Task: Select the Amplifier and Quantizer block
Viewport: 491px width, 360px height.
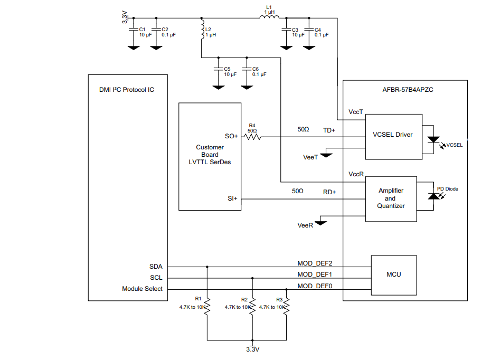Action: (391, 198)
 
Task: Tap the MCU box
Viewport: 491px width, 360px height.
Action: (393, 274)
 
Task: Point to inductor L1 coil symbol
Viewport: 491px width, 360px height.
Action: (269, 17)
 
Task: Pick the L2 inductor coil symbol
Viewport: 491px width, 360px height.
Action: (202, 31)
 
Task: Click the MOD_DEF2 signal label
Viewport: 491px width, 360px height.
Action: (315, 263)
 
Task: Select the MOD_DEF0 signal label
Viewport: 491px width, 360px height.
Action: (315, 286)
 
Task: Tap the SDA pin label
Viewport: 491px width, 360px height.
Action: (156, 267)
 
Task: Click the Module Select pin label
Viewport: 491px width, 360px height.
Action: (142, 289)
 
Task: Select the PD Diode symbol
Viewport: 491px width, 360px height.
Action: (433, 196)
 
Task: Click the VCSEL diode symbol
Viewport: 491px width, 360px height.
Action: (433, 140)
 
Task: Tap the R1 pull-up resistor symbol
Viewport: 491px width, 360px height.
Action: (207, 306)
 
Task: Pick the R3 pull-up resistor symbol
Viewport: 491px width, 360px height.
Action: (286, 306)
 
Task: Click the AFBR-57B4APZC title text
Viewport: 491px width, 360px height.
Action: (405, 90)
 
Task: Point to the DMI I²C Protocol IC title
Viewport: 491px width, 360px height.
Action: (127, 90)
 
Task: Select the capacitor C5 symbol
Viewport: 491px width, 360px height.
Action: (217, 69)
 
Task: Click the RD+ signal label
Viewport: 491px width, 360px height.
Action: (329, 192)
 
